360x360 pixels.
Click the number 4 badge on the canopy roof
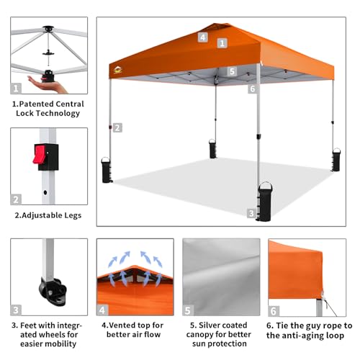point(204,37)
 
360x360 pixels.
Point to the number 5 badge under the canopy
point(232,72)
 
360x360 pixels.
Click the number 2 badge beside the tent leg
point(117,127)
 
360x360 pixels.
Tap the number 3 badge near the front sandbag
point(251,213)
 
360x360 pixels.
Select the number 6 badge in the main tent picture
point(252,89)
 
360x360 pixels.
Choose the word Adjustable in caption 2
point(38,215)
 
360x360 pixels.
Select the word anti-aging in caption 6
point(305,336)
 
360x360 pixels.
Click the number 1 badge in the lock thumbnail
point(16,89)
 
